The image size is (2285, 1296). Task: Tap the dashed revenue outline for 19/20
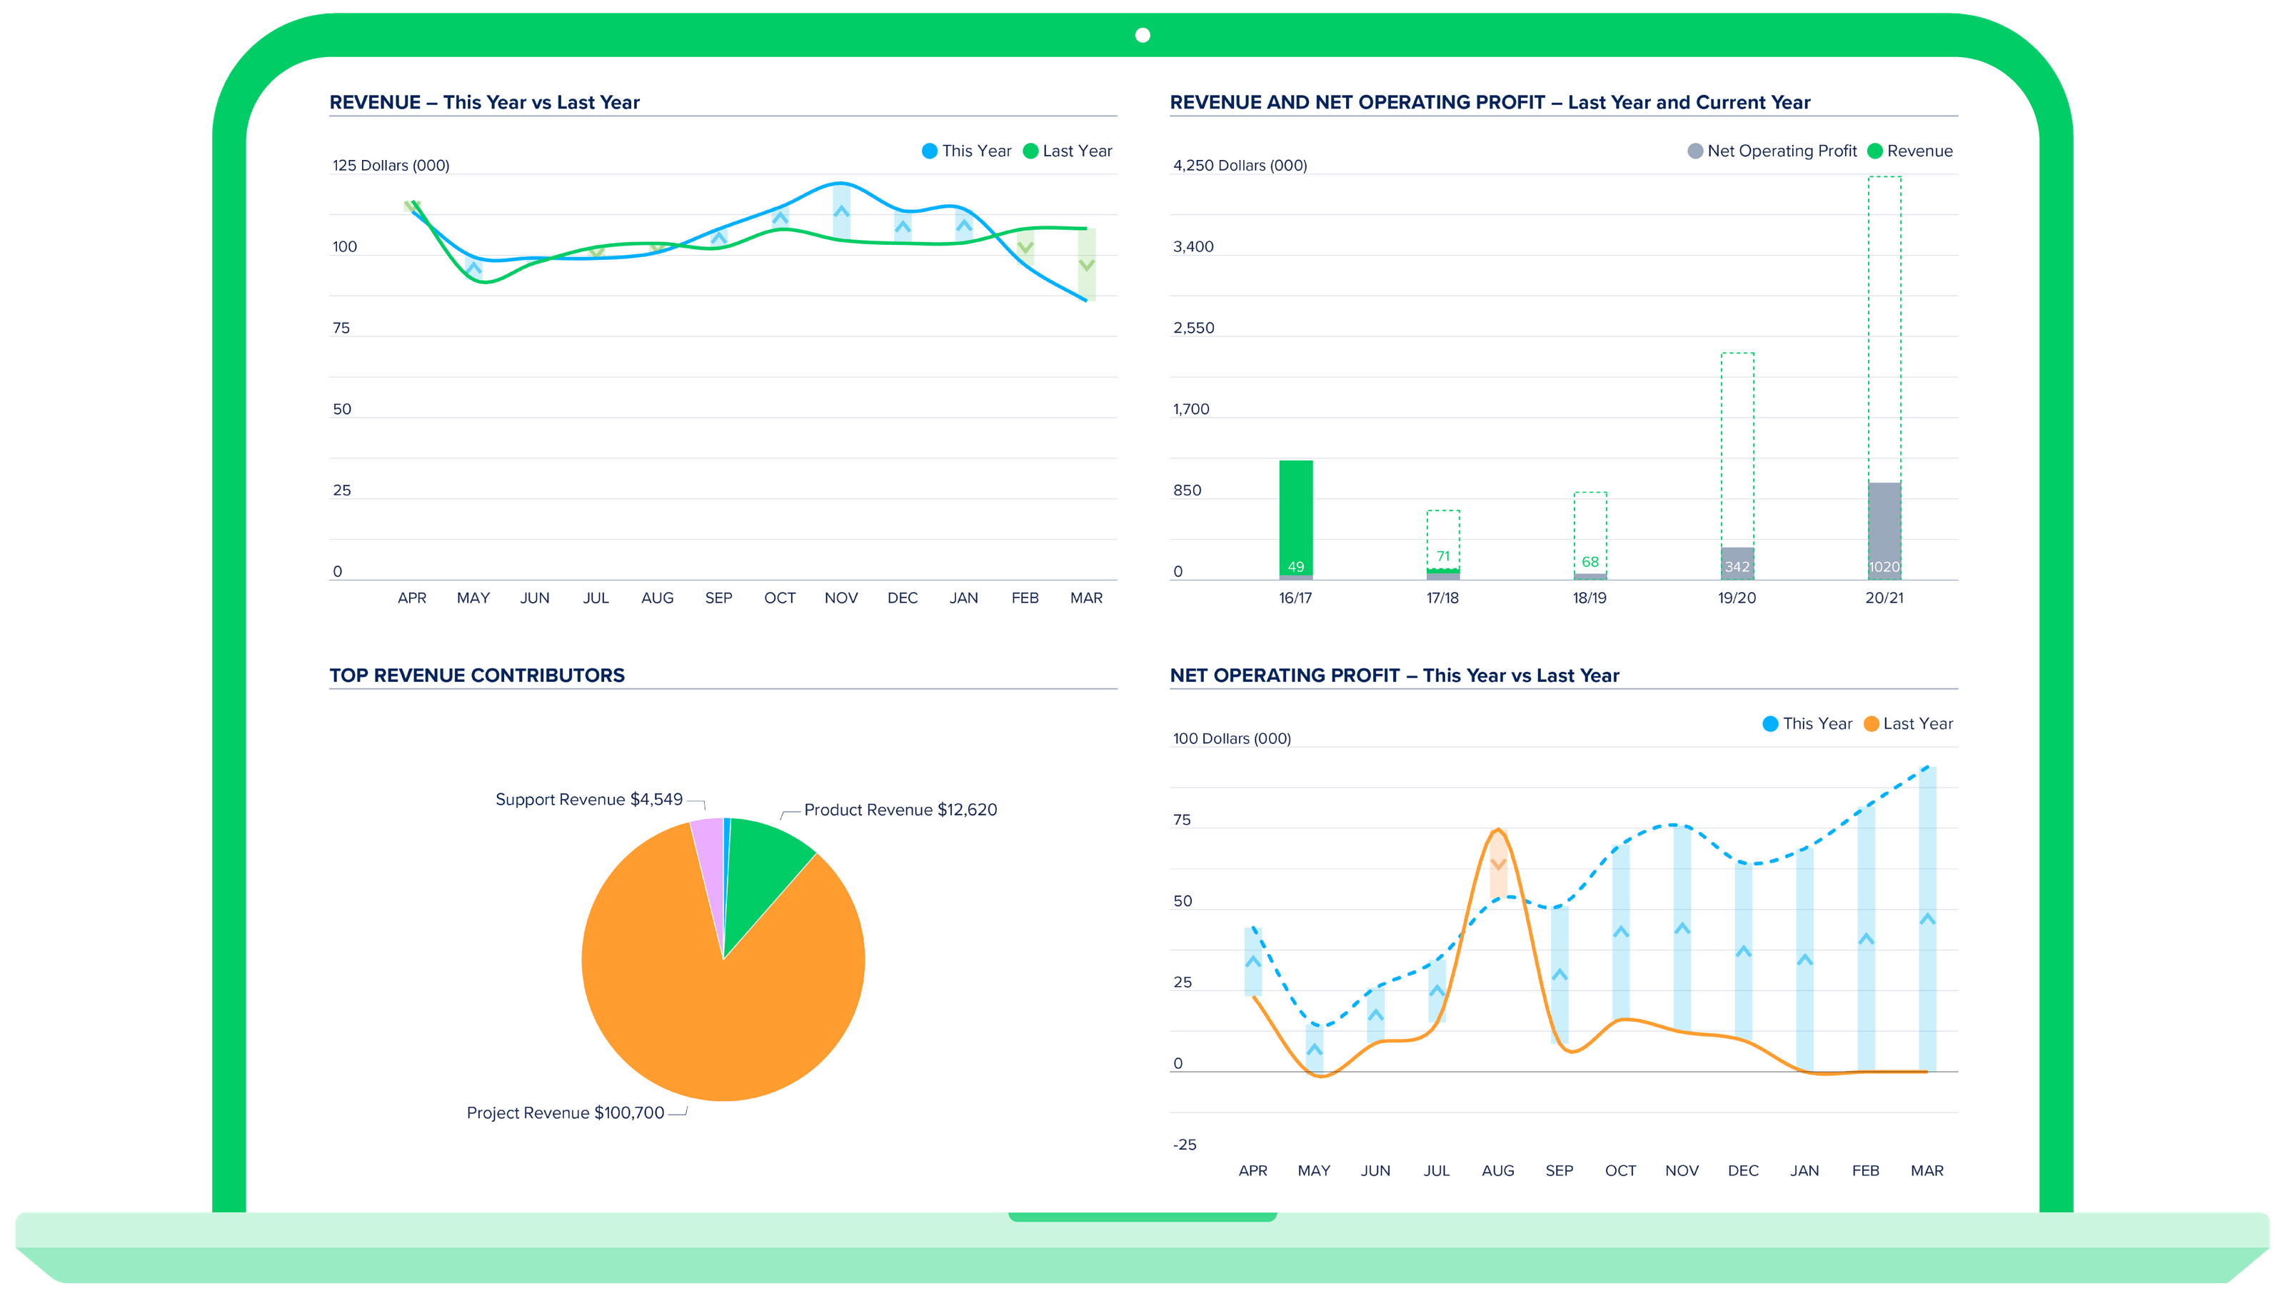click(x=1737, y=445)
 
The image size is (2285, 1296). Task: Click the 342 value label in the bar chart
click(x=1737, y=567)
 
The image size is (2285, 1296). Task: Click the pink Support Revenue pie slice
click(x=708, y=845)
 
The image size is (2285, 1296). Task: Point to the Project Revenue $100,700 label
click(x=566, y=1112)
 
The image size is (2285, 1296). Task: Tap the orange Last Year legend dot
click(x=1871, y=723)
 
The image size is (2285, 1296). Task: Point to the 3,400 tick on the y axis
click(x=1192, y=246)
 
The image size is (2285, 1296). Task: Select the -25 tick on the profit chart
click(x=1184, y=1145)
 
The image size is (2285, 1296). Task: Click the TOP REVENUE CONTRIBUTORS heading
click(x=477, y=675)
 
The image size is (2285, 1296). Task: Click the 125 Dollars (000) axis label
click(x=391, y=166)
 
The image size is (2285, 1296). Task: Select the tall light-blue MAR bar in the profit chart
click(x=1927, y=917)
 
